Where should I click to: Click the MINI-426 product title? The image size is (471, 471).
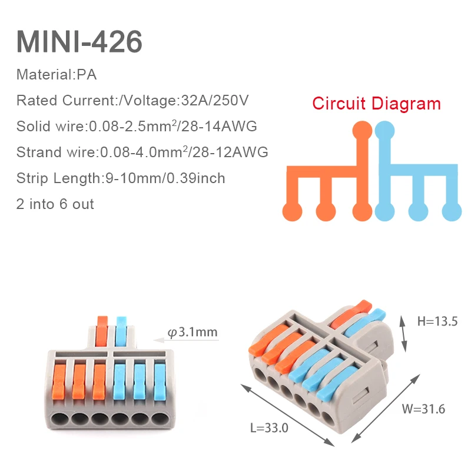coord(79,42)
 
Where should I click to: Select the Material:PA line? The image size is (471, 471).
coord(57,75)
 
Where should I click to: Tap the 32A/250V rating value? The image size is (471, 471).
coord(213,100)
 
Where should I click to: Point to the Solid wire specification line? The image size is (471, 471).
coord(137,126)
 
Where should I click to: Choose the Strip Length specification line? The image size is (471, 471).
coord(121,178)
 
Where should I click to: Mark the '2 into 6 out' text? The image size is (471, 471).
coord(55,204)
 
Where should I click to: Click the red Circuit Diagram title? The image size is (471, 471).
coord(376,104)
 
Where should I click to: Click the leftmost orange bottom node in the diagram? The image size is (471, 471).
coord(291,211)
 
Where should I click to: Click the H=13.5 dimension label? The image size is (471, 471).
coord(437,321)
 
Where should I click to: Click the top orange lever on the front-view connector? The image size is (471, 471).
coord(102,329)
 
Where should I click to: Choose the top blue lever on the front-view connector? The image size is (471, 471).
coord(122,329)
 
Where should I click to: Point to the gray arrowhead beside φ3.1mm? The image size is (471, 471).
coord(158,339)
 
